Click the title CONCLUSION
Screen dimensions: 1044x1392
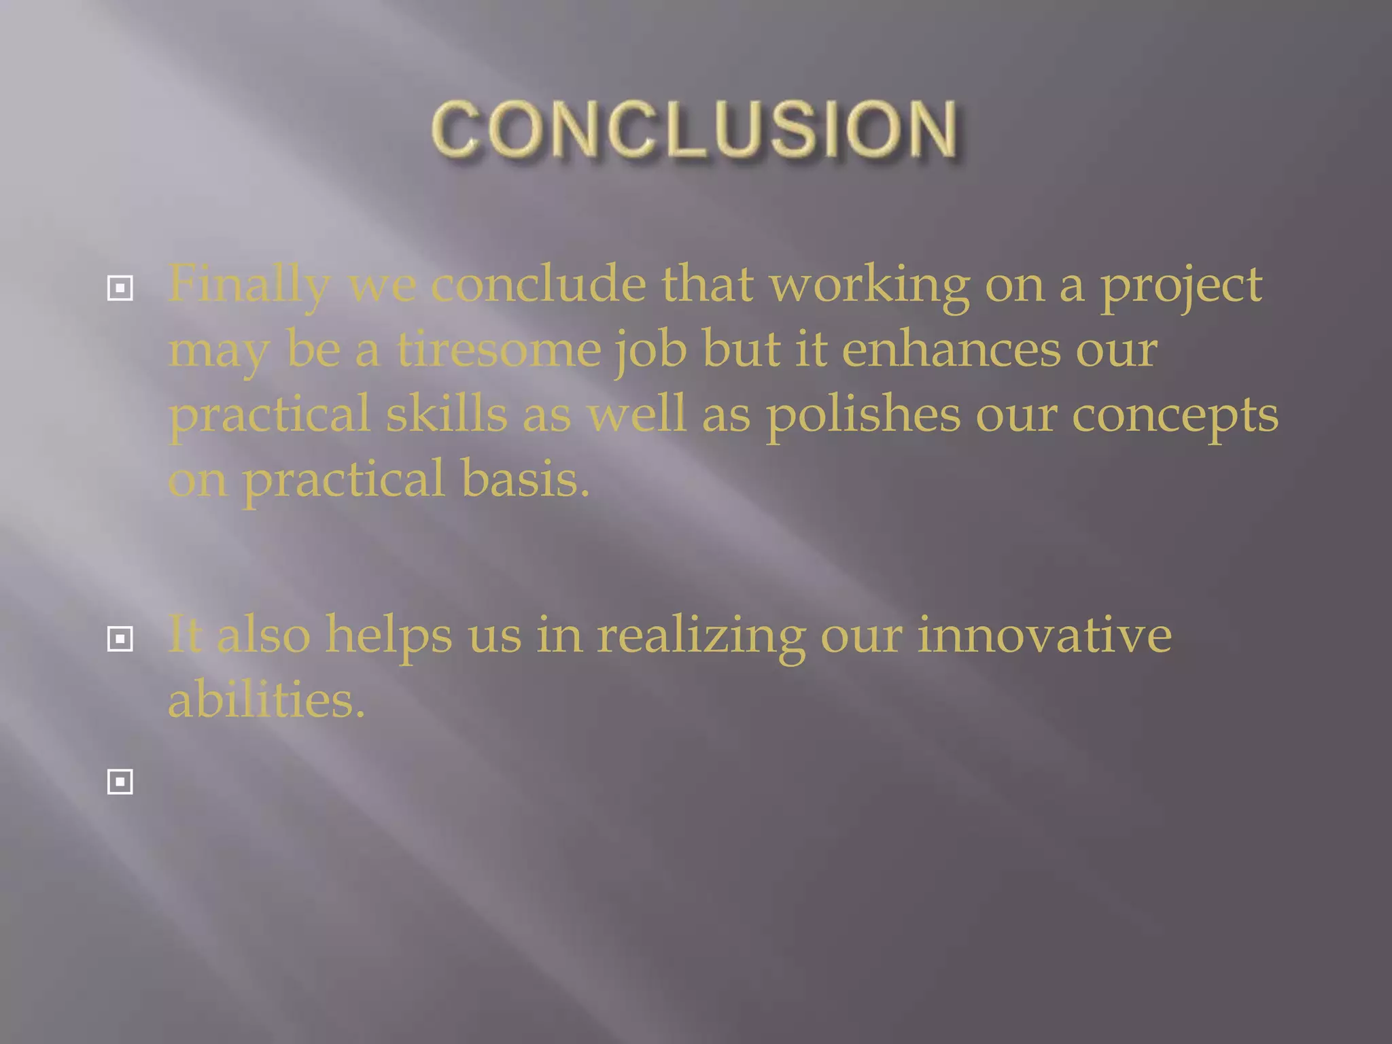pyautogui.click(x=695, y=129)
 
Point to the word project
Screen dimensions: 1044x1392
pyautogui.click(x=1181, y=285)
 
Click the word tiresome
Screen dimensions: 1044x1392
pyautogui.click(x=499, y=349)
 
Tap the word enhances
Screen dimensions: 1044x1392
pyautogui.click(x=951, y=349)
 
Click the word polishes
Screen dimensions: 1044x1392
pyautogui.click(x=863, y=415)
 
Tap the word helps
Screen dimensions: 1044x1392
pyautogui.click(x=388, y=635)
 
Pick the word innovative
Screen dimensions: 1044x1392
pyautogui.click(x=1044, y=635)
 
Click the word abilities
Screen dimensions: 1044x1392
pyautogui.click(x=266, y=700)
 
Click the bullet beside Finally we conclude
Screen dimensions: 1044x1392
pyautogui.click(x=120, y=289)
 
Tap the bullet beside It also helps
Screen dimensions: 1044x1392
pyautogui.click(x=120, y=639)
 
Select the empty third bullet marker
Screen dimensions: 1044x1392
pyautogui.click(x=120, y=782)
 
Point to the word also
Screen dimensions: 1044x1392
pyautogui.click(x=263, y=635)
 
